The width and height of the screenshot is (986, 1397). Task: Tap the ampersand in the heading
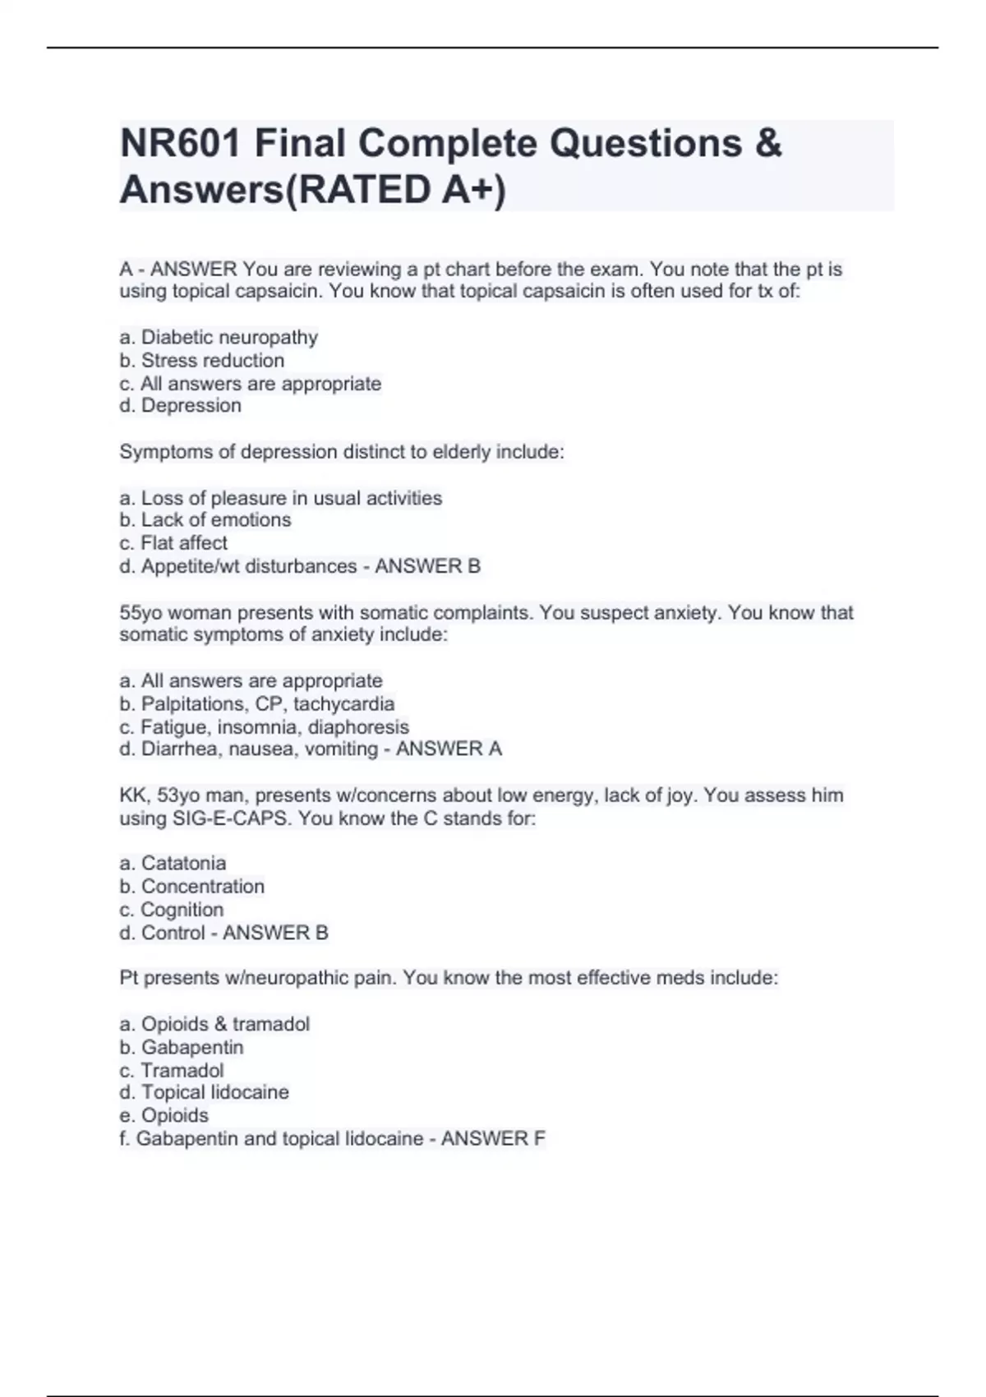coord(767,144)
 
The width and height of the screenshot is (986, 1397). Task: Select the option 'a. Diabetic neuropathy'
coord(219,337)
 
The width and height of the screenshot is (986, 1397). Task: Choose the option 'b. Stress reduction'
coord(202,360)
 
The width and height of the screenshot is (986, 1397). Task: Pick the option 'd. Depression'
coord(181,405)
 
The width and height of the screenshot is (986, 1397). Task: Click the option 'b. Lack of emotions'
coord(205,519)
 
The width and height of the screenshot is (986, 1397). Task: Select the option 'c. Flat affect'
coord(173,542)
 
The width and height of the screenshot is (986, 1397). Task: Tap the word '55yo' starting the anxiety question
coord(141,612)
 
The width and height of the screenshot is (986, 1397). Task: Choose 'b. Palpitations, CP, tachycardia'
coord(257,703)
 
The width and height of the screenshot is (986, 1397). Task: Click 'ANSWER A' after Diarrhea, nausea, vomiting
coord(449,749)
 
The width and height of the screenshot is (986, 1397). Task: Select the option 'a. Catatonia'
coord(173,863)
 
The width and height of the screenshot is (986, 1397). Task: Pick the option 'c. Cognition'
coord(171,910)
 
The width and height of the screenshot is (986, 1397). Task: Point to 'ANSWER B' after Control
coord(275,933)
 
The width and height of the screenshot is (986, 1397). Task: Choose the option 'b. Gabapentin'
coord(182,1047)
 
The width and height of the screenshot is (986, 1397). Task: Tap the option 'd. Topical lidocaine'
coord(205,1092)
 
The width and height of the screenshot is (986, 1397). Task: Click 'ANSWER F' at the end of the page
coord(493,1138)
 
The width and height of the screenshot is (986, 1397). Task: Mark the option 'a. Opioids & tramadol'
coord(214,1024)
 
